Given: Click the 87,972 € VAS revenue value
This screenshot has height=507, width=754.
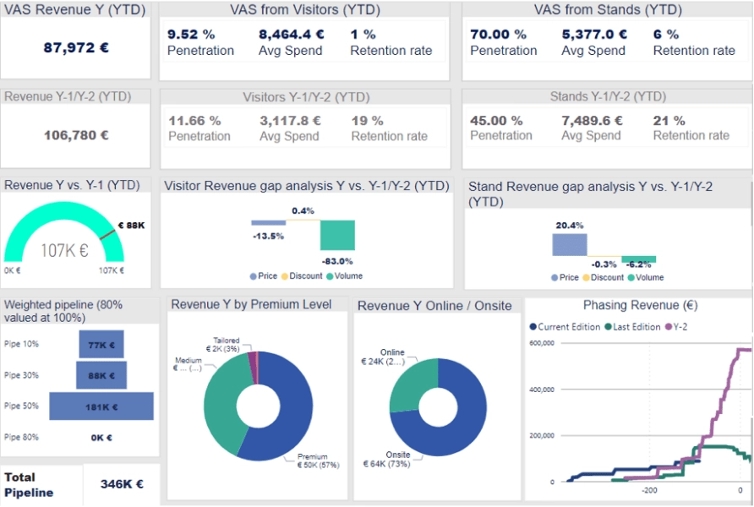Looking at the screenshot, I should coord(76,48).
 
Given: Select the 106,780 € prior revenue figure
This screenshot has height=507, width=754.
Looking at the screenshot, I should coord(76,134).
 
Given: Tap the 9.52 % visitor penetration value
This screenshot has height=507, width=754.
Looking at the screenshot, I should coord(192,35).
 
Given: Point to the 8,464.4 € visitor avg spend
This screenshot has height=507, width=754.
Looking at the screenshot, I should coord(292,35).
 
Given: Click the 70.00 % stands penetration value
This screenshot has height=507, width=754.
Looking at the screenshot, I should coord(498,35).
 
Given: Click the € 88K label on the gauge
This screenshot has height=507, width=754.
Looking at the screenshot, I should coord(131,226).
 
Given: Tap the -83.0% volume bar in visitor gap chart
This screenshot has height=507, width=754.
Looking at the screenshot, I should coord(337,236).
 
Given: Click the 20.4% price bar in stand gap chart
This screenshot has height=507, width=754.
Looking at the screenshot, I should coord(569,244).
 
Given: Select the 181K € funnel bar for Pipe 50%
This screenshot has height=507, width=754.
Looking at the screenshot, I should coord(101,406).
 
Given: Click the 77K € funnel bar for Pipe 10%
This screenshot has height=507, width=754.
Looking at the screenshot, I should coord(101,345).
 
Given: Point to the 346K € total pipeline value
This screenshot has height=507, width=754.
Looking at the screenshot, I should coord(121,484).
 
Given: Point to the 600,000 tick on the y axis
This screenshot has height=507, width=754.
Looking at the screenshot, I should coord(540,343).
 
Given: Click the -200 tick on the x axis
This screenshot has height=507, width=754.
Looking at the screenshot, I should coord(649,490).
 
